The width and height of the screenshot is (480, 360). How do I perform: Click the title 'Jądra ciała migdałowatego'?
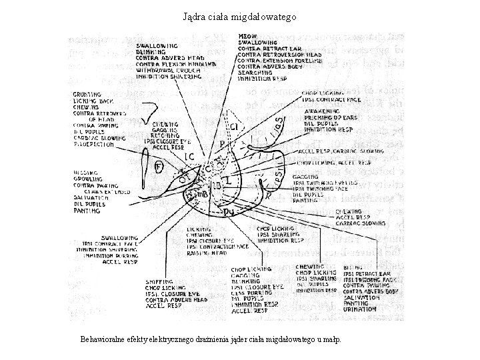click(240, 15)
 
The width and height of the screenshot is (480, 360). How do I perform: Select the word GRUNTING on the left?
click(87, 95)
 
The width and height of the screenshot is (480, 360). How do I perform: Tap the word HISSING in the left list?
click(86, 173)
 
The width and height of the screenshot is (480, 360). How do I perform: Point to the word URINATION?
click(359, 309)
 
